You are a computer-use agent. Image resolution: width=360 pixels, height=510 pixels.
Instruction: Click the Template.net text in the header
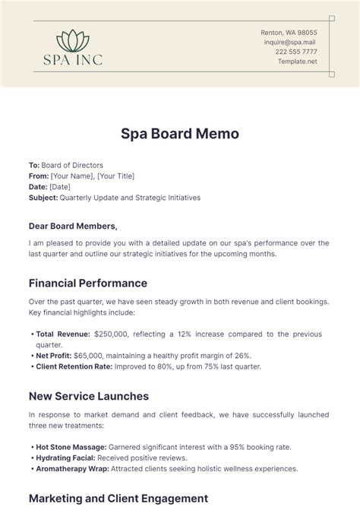point(297,62)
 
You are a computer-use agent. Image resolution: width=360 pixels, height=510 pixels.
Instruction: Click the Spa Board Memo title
point(180,134)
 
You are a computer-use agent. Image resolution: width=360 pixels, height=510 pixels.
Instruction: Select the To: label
point(34,165)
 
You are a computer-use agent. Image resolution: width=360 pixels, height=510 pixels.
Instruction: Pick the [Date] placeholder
point(60,186)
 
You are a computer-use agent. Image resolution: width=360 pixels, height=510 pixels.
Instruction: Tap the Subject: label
point(43,197)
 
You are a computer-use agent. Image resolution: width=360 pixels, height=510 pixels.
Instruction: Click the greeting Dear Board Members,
point(73,226)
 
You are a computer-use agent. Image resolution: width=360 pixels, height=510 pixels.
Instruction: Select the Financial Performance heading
point(88,283)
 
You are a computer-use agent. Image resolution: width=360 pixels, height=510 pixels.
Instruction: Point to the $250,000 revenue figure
point(115,334)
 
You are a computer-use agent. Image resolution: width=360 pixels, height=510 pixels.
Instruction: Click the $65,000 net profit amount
point(92,355)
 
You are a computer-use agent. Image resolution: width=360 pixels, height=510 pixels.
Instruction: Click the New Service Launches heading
point(88,396)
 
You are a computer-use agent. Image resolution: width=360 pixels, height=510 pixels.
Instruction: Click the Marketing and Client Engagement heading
point(118,498)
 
